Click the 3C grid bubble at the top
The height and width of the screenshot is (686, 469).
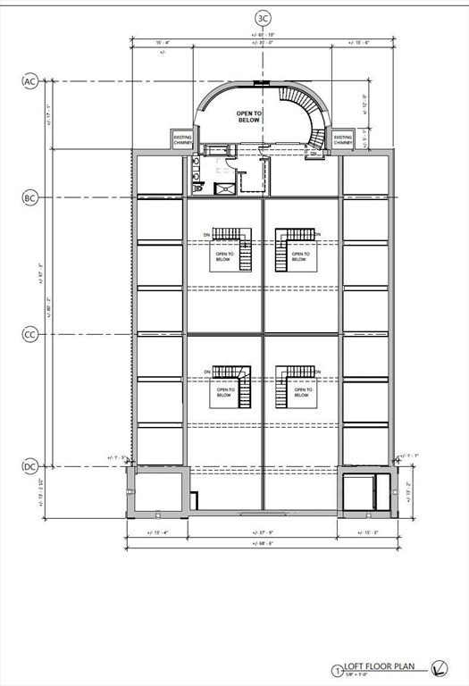coord(263,18)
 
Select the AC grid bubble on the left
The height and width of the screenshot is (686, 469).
coord(29,82)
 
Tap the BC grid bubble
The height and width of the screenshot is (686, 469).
coord(29,197)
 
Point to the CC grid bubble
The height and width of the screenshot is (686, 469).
coord(29,334)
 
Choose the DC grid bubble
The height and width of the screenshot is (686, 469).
coord(29,466)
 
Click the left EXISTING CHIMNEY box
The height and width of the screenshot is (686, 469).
coord(182,140)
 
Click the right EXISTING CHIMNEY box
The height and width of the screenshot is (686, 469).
coord(343,140)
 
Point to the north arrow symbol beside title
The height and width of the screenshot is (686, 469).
coord(439,666)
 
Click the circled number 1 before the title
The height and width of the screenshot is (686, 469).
coord(337,669)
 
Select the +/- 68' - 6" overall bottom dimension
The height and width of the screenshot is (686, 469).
coord(263,543)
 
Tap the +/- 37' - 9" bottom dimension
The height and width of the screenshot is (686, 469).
coord(263,531)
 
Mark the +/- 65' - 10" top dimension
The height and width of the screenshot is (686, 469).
coord(263,35)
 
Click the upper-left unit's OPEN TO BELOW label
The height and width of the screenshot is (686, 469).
coord(225,256)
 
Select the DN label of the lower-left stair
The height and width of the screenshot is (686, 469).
coord(207,371)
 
